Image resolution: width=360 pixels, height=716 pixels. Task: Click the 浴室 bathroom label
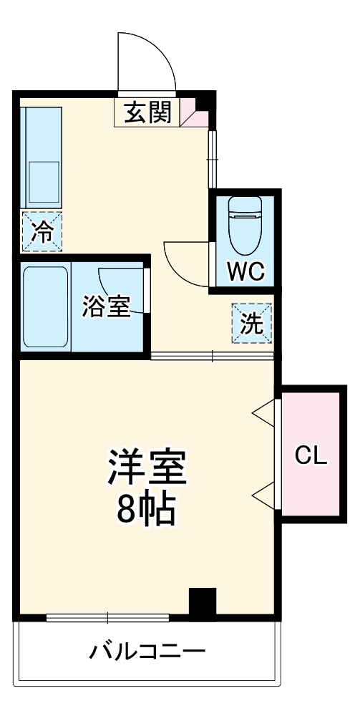tap(106, 307)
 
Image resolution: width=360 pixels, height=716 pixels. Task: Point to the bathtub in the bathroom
tap(46, 308)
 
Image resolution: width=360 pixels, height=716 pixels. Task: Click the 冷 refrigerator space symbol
tap(42, 232)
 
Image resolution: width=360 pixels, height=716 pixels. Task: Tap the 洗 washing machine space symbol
tap(251, 324)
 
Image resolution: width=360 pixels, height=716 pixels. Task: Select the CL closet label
tap(311, 456)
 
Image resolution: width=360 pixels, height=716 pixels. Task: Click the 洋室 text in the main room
tap(147, 470)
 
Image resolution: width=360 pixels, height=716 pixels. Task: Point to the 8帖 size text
tap(147, 510)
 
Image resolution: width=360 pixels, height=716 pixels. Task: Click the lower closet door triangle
tap(264, 493)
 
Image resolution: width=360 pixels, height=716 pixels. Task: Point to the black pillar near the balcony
tap(202, 602)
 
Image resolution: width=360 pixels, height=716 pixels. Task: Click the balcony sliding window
tap(107, 617)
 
